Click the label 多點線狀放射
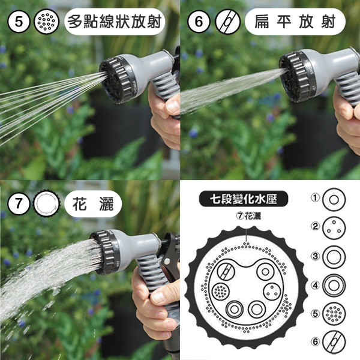pyautogui.click(x=114, y=23)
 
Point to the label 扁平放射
pyautogui.click(x=295, y=23)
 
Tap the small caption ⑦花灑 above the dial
pyautogui.click(x=247, y=216)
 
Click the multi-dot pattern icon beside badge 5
pyautogui.click(x=47, y=22)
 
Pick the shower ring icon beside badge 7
pyautogui.click(x=47, y=204)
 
